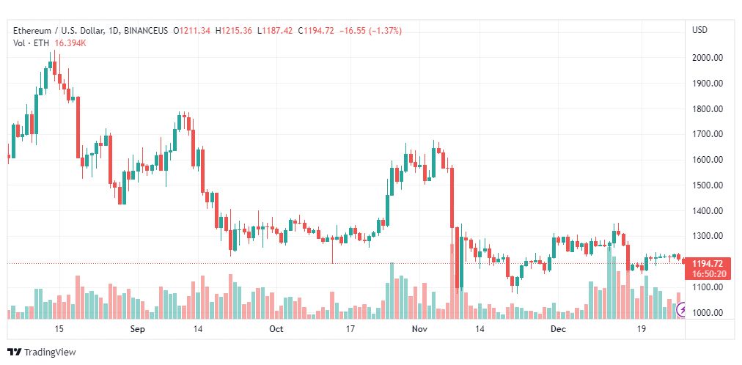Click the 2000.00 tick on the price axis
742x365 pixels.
[707, 58]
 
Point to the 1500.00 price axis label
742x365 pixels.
[707, 185]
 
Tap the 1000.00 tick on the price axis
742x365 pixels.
[707, 313]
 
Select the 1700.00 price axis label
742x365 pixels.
[707, 134]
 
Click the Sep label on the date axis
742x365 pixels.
[137, 328]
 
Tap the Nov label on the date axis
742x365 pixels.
[419, 328]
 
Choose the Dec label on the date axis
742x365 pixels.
[559, 328]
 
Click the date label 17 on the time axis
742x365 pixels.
[350, 328]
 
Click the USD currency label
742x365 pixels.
[700, 30]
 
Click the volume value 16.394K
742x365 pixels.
[70, 43]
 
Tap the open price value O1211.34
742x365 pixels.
[191, 31]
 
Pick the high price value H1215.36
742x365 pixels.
[234, 31]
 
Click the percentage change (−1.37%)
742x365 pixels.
[381, 31]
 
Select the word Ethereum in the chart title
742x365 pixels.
[32, 31]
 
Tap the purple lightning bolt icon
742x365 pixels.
[682, 310]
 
